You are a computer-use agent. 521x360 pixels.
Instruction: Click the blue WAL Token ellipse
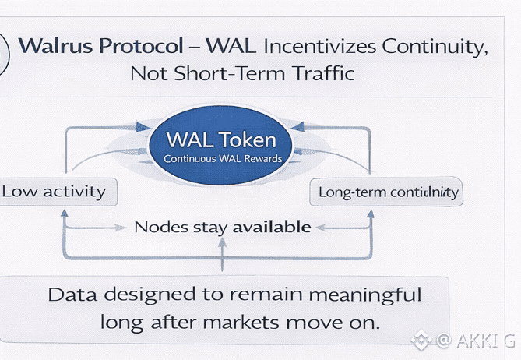pyautogui.click(x=222, y=146)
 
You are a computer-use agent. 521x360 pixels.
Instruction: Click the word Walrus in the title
pyautogui.click(x=54, y=45)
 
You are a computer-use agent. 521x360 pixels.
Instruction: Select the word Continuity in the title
pyautogui.click(x=431, y=45)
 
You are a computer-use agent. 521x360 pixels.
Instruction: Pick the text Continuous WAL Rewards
pyautogui.click(x=222, y=159)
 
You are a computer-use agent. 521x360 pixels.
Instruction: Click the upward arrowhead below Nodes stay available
pyautogui.click(x=223, y=243)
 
